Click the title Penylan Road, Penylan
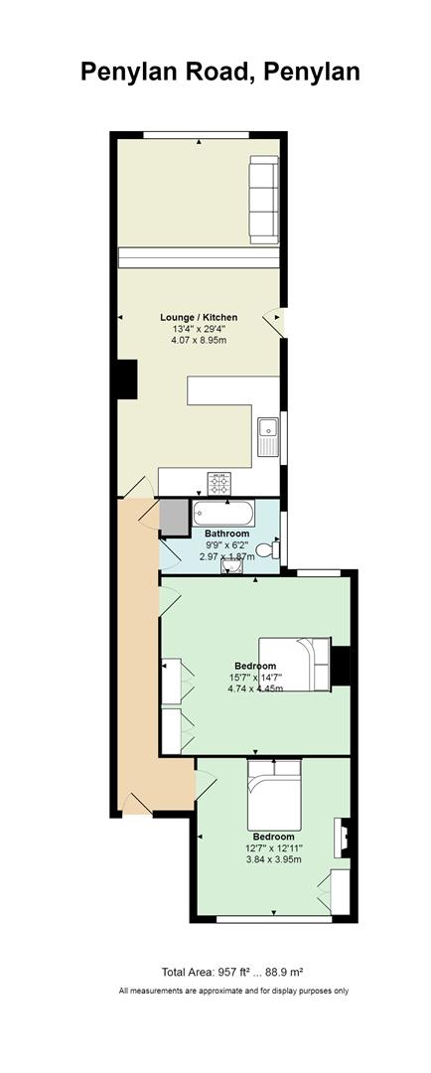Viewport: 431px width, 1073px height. click(219, 72)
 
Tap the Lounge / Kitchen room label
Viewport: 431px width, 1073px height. click(199, 317)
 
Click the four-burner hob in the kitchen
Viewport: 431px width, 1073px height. click(218, 483)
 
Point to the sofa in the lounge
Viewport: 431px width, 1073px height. click(263, 199)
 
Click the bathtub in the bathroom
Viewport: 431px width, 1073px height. click(223, 513)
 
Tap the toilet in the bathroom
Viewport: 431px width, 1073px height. click(274, 548)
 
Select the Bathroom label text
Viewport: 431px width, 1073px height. click(227, 534)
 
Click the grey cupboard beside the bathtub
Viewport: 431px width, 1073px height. click(174, 518)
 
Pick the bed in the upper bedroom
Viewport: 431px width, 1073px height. click(295, 664)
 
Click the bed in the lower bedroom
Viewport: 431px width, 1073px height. click(274, 795)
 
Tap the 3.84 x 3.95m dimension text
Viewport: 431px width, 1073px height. click(274, 859)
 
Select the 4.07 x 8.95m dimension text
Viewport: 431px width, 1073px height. click(199, 340)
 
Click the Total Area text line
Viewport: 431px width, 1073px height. click(238, 972)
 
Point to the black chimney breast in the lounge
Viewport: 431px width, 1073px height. click(127, 380)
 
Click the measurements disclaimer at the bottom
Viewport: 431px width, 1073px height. click(234, 991)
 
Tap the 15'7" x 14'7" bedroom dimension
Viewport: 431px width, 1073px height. click(255, 678)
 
